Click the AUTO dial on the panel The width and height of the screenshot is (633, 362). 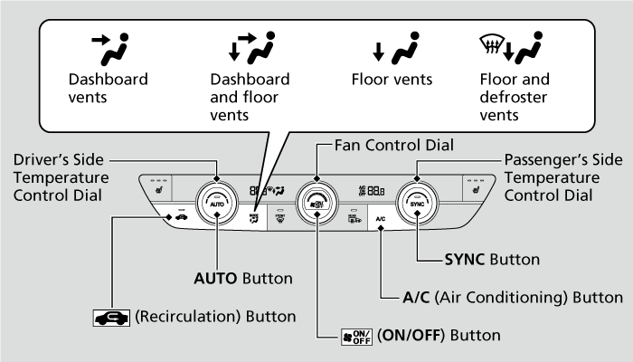pos(217,203)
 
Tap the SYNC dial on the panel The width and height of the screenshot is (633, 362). pos(417,203)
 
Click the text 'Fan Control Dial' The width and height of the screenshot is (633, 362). pos(393,144)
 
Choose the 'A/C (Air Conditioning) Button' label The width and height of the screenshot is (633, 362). pos(512,296)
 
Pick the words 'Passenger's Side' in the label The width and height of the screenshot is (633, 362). pos(562,160)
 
